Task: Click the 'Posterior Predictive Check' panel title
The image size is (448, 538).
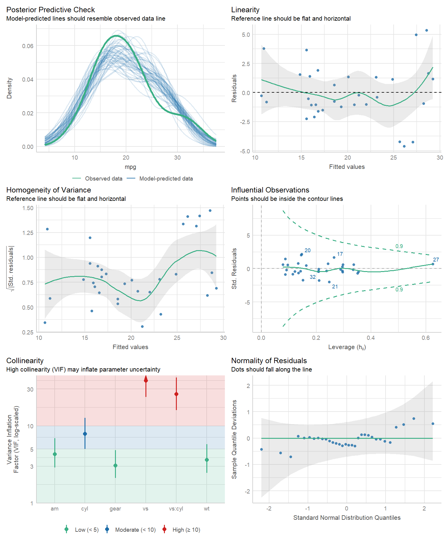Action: (50, 10)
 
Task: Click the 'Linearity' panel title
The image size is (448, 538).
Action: (245, 10)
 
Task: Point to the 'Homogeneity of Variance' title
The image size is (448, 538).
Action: (48, 190)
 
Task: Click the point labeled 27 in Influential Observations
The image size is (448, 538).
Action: (433, 264)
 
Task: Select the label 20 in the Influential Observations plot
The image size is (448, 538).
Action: (307, 250)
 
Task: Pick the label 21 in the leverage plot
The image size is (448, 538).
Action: (335, 287)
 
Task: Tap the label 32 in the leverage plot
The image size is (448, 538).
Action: (312, 277)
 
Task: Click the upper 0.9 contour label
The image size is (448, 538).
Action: (399, 246)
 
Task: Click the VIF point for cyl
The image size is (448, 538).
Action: (85, 434)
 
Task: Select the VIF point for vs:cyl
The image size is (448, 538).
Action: (176, 394)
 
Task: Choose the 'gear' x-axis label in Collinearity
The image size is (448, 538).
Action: (115, 509)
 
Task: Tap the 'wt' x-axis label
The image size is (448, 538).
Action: (207, 509)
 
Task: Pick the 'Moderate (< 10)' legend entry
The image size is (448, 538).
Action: (135, 530)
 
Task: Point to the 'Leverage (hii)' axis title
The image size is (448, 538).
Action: (347, 347)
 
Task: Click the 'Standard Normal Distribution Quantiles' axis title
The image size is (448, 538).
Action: (347, 518)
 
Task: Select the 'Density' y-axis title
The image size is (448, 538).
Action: (10, 88)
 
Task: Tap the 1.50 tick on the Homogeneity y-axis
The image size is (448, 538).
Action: (28, 208)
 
